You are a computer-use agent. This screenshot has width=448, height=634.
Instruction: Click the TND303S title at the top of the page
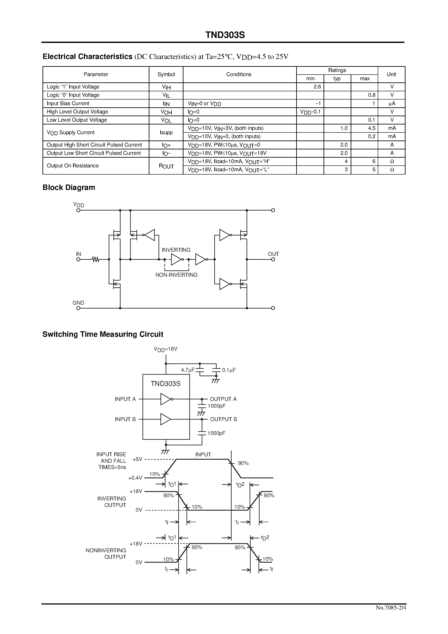tap(225, 35)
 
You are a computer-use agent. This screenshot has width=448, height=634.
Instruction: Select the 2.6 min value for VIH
tap(317, 87)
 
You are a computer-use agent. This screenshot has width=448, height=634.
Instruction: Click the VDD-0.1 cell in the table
tap(310, 112)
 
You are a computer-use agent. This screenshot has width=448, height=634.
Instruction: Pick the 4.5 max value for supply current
tap(371, 128)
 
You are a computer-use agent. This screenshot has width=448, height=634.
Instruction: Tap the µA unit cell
tap(391, 104)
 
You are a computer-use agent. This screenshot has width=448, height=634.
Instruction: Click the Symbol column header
tap(166, 74)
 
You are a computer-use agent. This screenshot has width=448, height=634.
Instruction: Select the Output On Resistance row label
tap(73, 166)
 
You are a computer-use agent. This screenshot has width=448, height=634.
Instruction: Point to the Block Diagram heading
tap(69, 188)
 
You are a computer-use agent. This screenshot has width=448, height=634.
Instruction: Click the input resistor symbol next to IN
tap(96, 259)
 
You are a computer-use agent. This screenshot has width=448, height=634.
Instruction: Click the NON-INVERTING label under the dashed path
tap(176, 275)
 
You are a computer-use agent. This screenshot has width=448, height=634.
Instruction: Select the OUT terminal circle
tap(273, 259)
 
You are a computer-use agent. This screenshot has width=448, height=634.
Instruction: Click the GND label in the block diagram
tap(78, 303)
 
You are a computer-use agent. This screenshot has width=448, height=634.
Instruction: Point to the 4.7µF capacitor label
tap(188, 370)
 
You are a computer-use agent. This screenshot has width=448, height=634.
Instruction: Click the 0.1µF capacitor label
tap(229, 370)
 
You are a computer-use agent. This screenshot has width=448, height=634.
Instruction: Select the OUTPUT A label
tap(223, 399)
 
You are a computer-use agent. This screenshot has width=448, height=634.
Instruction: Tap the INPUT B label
tap(125, 419)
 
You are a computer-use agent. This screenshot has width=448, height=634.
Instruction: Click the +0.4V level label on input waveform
tap(135, 478)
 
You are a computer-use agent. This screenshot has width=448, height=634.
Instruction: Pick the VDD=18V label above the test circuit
tap(165, 349)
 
